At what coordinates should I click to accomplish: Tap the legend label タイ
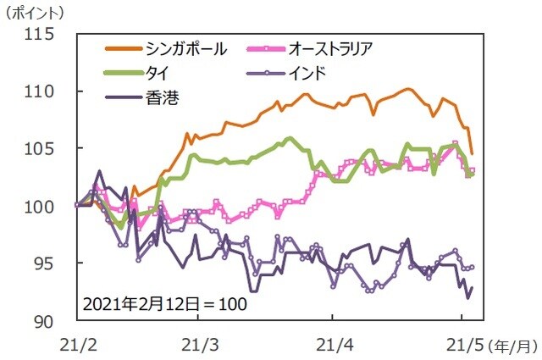point(158,73)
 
